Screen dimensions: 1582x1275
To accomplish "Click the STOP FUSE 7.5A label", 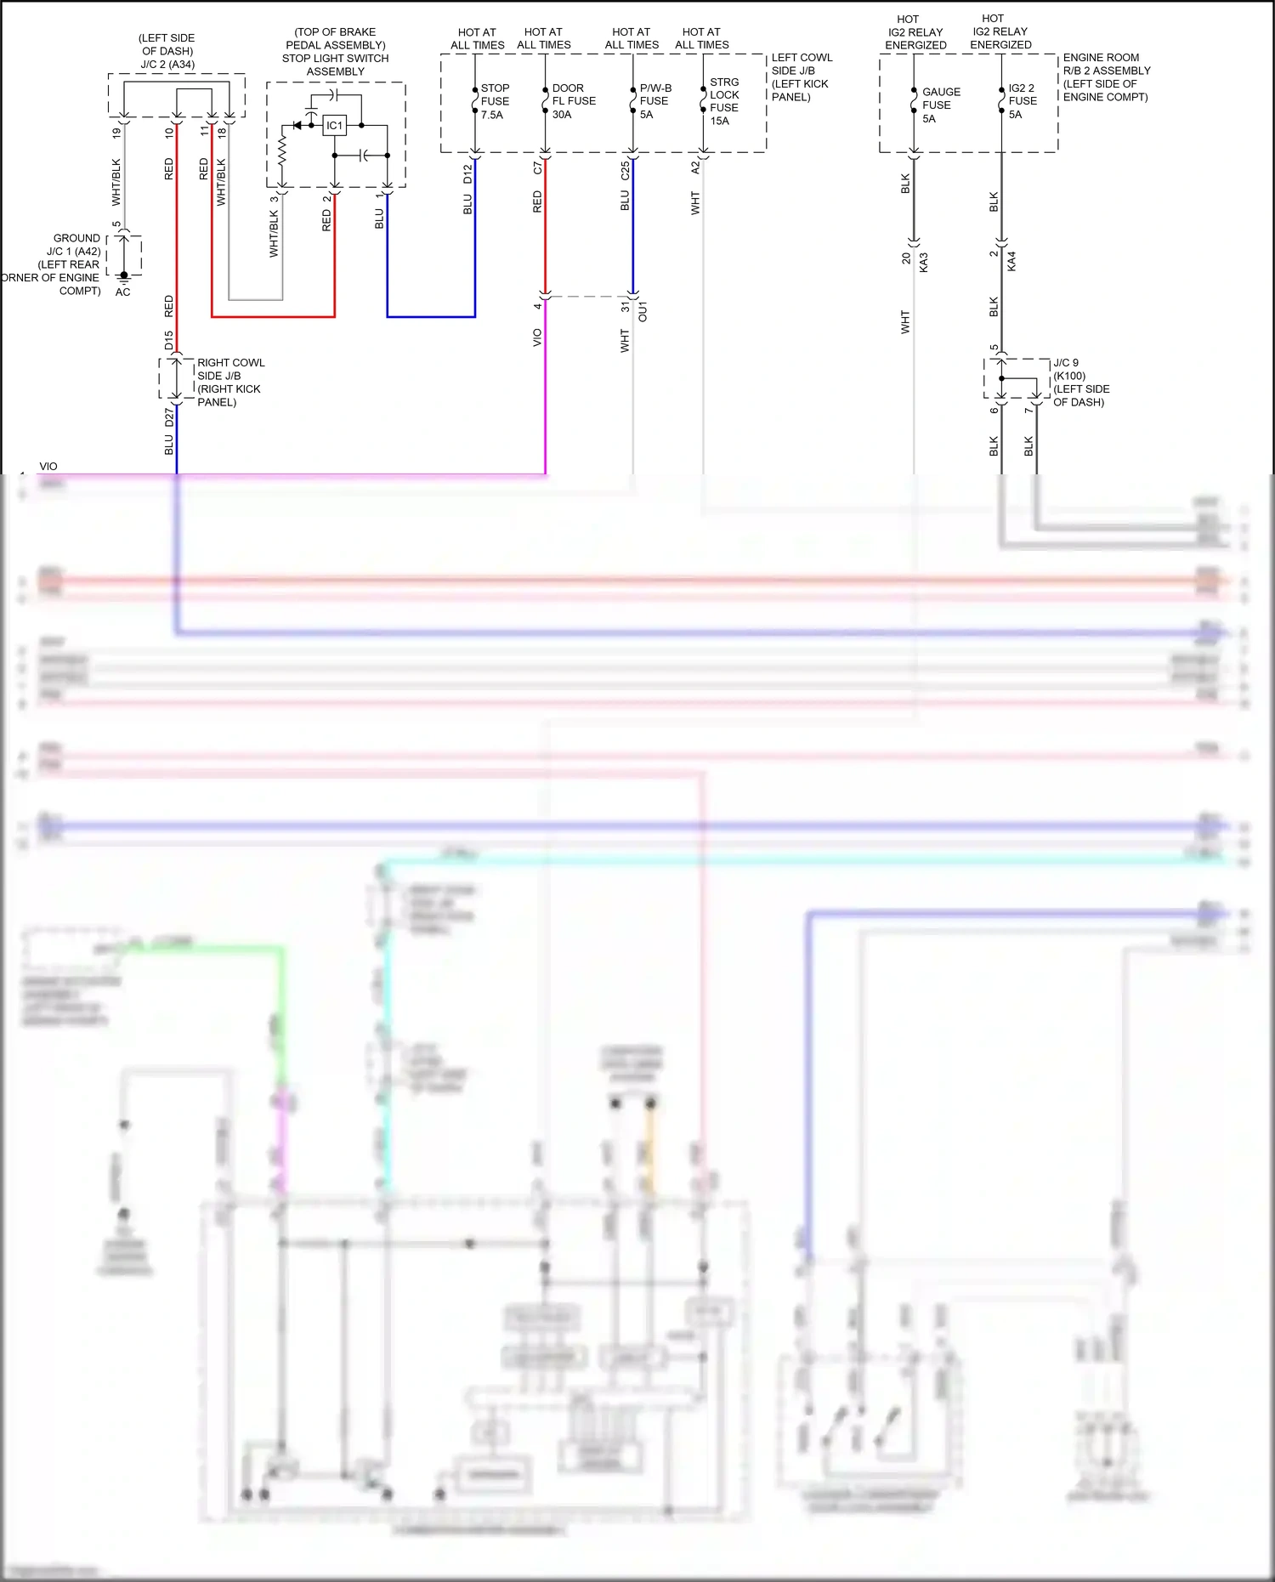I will [x=494, y=101].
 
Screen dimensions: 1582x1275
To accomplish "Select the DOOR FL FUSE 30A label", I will [x=573, y=101].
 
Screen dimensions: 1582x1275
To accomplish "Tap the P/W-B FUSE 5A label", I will [x=654, y=101].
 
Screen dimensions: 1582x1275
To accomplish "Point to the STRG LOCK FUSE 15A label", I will [x=724, y=101].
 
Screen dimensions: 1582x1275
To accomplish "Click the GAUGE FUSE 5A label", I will [x=940, y=105].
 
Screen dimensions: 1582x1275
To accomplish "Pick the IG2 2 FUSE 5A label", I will [x=1022, y=101].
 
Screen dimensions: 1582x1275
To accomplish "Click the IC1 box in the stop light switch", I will [x=335, y=126].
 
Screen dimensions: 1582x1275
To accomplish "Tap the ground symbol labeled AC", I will [x=123, y=281].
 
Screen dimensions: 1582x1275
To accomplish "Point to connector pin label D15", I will [x=168, y=341].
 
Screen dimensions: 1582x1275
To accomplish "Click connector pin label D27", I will [x=168, y=417].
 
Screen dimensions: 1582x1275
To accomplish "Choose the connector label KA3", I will [x=923, y=262].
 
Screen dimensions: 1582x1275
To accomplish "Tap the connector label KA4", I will [x=1011, y=261].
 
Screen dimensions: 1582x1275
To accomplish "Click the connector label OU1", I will [x=643, y=311].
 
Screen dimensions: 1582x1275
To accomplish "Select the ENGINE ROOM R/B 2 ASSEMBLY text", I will [x=1105, y=77].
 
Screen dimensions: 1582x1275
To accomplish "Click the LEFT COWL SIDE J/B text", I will [x=801, y=77].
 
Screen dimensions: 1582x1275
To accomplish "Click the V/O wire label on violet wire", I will [x=536, y=337].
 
